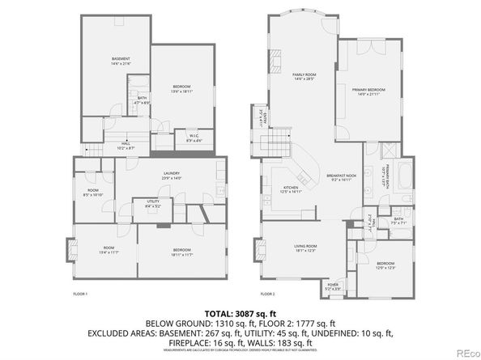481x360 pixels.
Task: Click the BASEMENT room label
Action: pyautogui.click(x=120, y=61)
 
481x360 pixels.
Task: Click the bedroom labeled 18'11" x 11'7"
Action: pyautogui.click(x=181, y=252)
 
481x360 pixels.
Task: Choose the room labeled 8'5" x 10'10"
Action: pyautogui.click(x=93, y=193)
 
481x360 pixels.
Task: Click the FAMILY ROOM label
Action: pyautogui.click(x=304, y=76)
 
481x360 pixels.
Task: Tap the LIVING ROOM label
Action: pyautogui.click(x=304, y=248)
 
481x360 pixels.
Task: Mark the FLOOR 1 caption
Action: pyautogui.click(x=80, y=294)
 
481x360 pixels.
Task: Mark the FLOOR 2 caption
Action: pyautogui.click(x=267, y=294)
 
